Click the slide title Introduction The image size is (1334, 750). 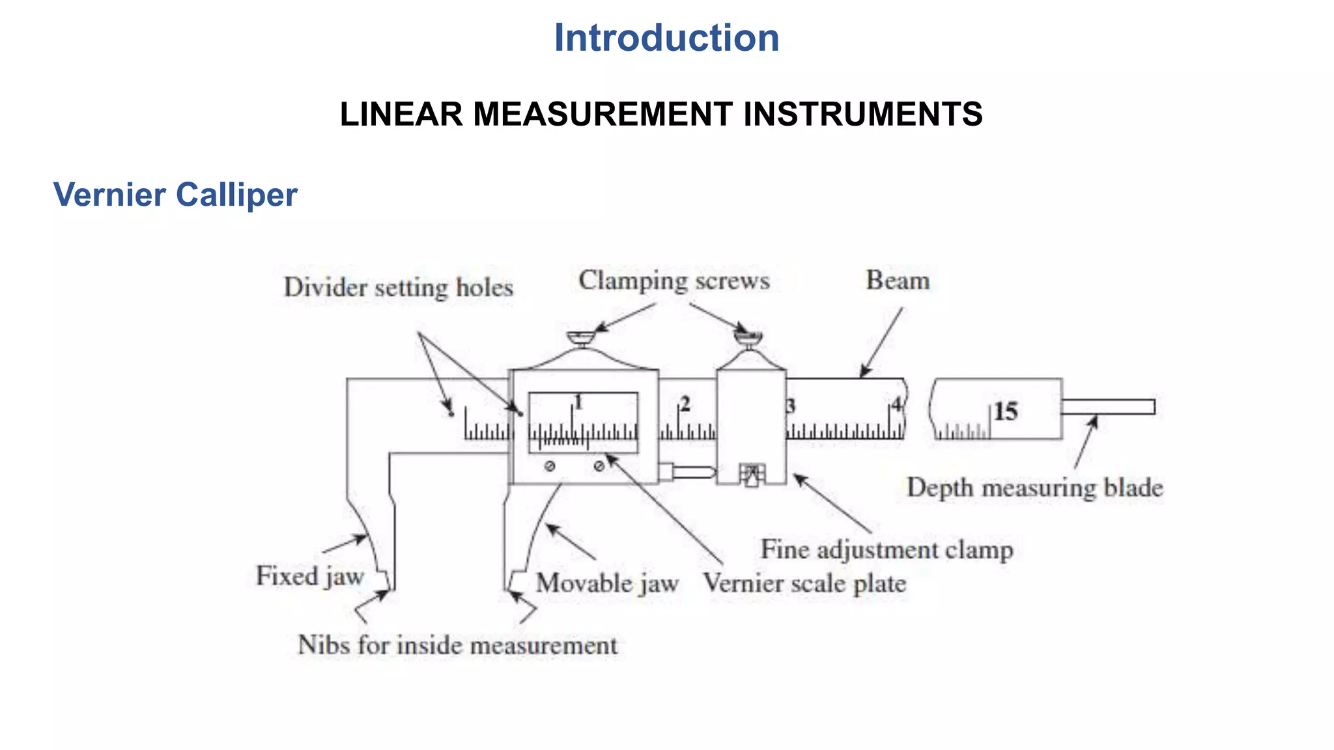(666, 38)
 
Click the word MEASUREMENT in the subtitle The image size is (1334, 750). (603, 115)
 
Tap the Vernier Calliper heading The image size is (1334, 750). (175, 195)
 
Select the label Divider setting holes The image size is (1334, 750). (398, 288)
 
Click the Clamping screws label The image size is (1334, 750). (674, 281)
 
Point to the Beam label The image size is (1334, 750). (897, 281)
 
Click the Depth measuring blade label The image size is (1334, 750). (1035, 488)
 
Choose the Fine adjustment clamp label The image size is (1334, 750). (887, 549)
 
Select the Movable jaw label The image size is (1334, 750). (607, 583)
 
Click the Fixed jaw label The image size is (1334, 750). (310, 576)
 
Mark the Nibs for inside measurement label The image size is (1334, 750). (457, 645)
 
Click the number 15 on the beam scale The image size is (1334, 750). (1005, 411)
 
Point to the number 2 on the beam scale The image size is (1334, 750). (685, 404)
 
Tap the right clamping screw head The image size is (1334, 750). (748, 337)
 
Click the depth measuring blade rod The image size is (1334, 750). (1107, 407)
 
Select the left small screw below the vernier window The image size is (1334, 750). (550, 466)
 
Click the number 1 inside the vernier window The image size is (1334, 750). (578, 402)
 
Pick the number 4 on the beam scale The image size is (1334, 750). (897, 404)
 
